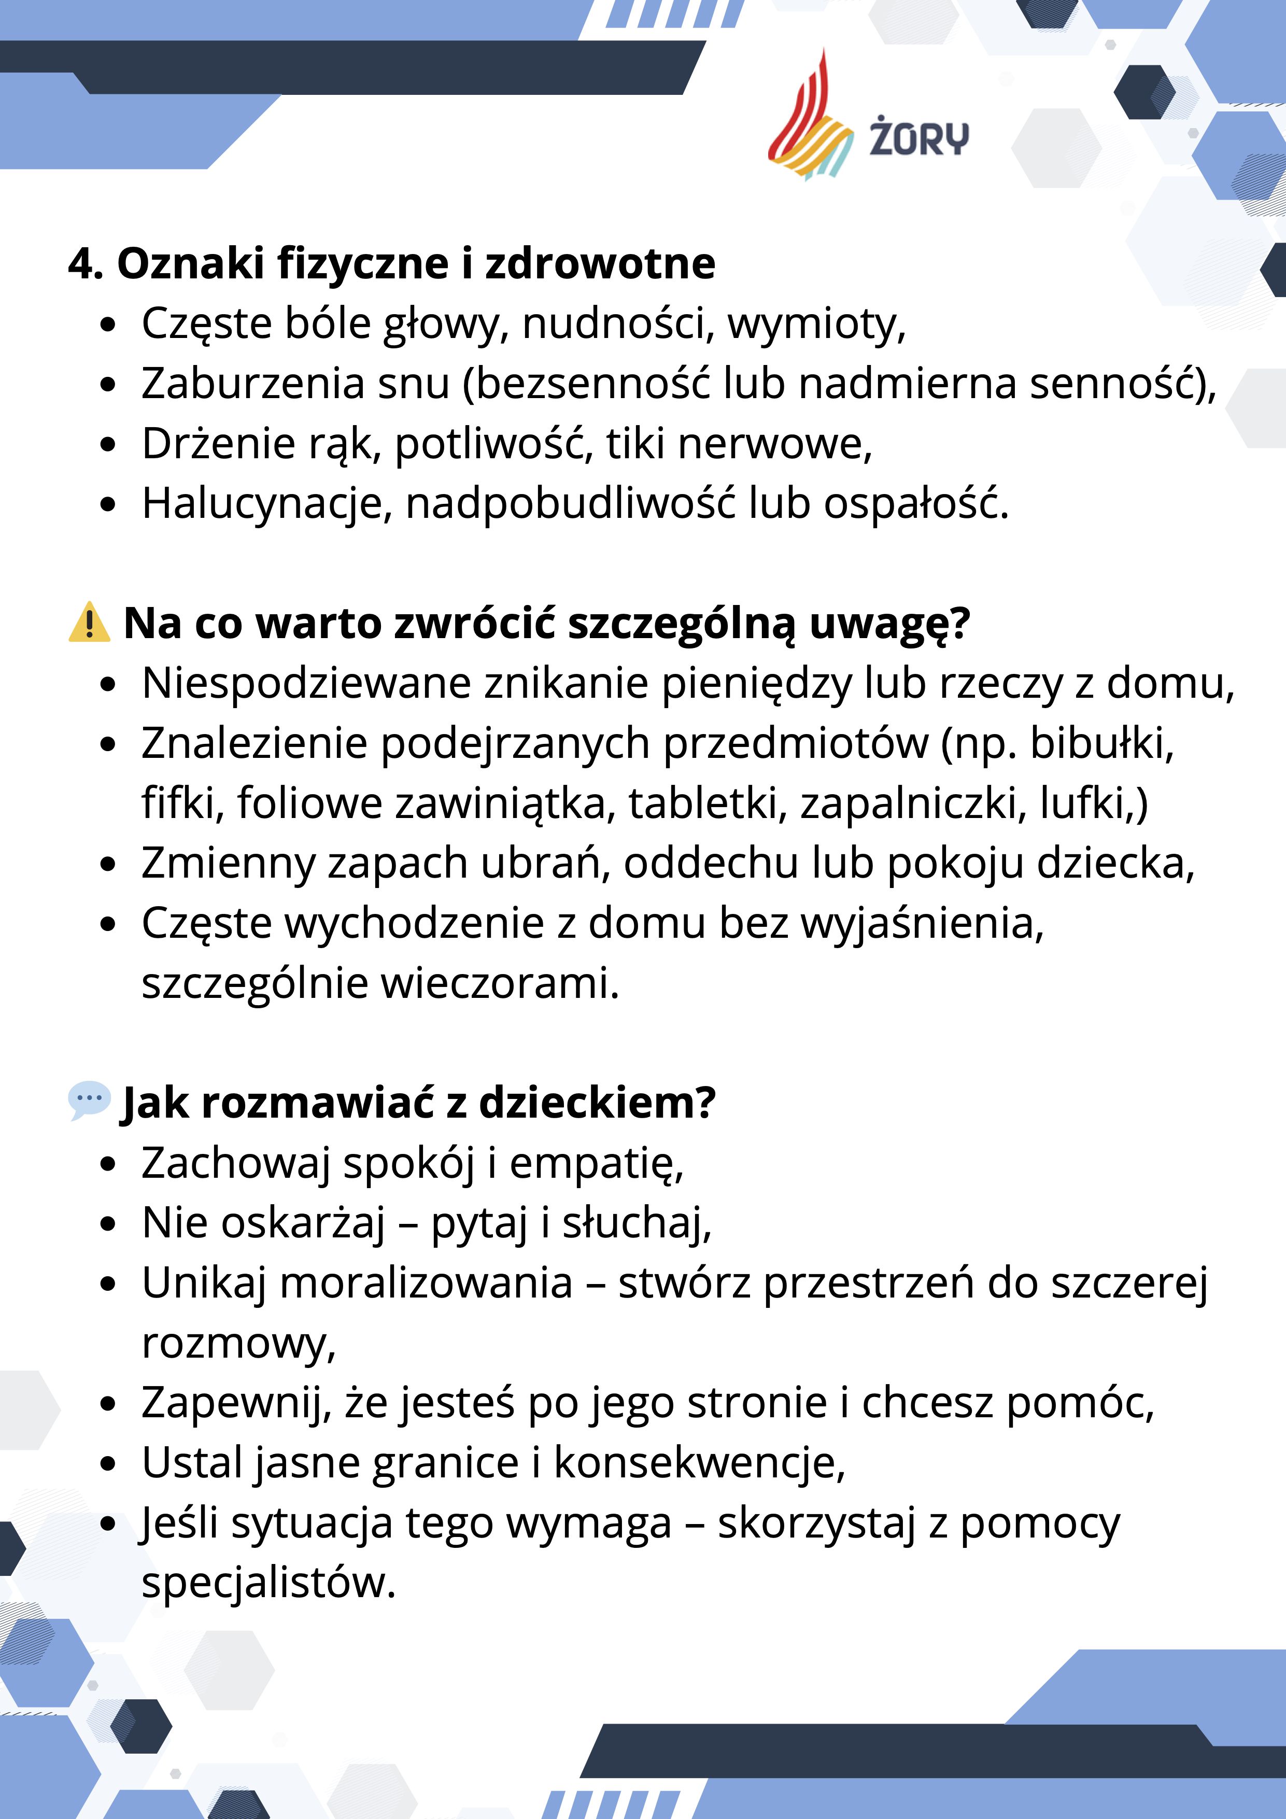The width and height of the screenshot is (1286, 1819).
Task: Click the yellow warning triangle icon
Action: (89, 622)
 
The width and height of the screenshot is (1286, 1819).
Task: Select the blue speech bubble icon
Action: (89, 1101)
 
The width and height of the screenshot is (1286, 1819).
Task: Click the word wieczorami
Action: (499, 983)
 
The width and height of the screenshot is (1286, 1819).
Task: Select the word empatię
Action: (596, 1163)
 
